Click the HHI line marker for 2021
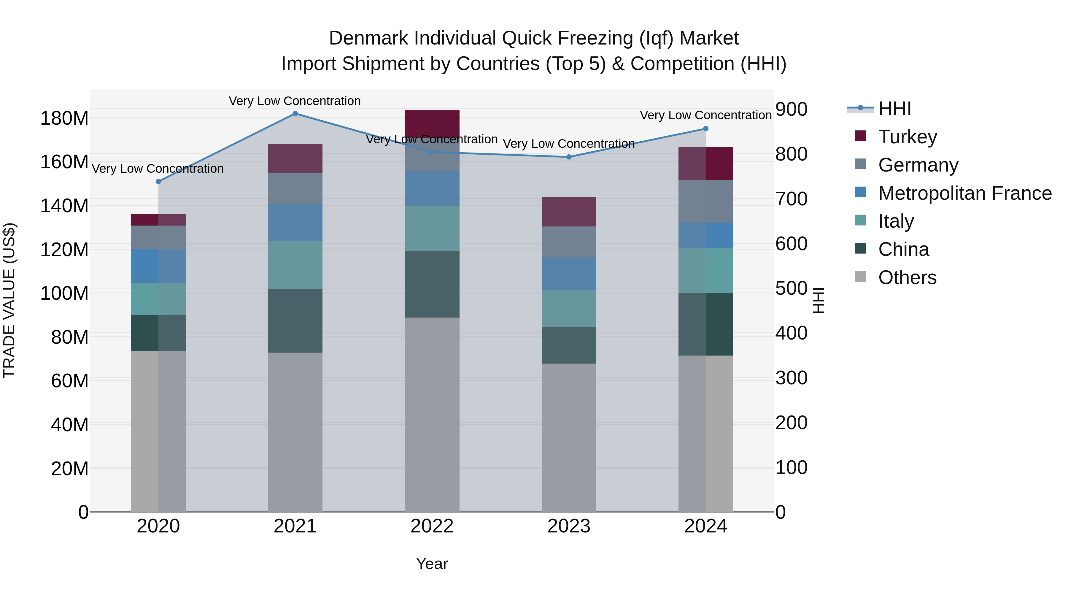pyautogui.click(x=295, y=114)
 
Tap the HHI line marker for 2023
pyautogui.click(x=569, y=157)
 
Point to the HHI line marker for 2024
pyautogui.click(x=706, y=129)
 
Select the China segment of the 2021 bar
pyautogui.click(x=295, y=321)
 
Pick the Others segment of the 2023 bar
pyautogui.click(x=568, y=437)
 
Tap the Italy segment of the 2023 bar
pyautogui.click(x=568, y=309)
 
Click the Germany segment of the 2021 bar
pyautogui.click(x=295, y=188)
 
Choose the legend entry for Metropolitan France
pyautogui.click(x=964, y=193)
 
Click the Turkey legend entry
pyautogui.click(x=907, y=137)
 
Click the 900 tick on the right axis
pyautogui.click(x=791, y=110)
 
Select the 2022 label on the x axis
pyautogui.click(x=432, y=526)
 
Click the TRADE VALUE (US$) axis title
pyautogui.click(x=9, y=300)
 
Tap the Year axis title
pyautogui.click(x=432, y=564)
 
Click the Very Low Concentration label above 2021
pyautogui.click(x=295, y=101)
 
